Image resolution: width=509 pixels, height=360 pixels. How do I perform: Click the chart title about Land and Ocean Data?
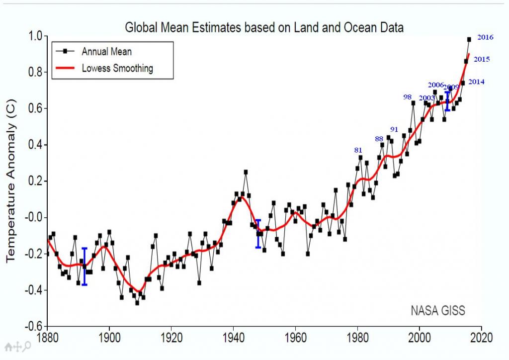264,27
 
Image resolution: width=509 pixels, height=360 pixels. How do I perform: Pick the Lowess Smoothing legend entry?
117,68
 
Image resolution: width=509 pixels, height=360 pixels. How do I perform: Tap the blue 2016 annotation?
485,37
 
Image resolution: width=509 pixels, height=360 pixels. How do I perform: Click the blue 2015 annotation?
482,59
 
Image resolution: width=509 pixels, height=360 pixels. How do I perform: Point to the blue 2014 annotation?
477,82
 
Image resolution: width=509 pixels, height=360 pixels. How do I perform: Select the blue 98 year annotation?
408,97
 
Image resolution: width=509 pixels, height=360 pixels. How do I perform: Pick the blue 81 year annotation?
358,150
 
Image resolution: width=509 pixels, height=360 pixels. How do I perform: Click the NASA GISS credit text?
438,311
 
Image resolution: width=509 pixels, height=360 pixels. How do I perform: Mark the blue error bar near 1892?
85,266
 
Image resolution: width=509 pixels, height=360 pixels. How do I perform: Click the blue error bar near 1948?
258,234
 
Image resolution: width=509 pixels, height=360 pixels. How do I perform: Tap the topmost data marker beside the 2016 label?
469,39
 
